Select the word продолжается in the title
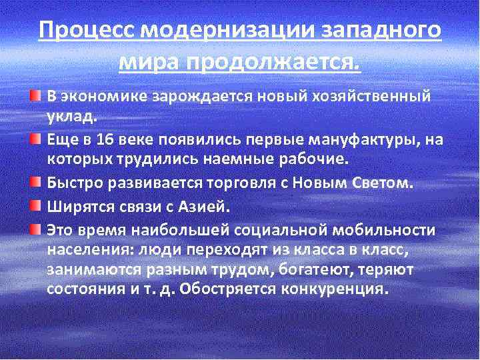tap(271, 63)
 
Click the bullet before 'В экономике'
tap(35, 97)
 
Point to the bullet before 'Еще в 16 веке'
tap(35, 139)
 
